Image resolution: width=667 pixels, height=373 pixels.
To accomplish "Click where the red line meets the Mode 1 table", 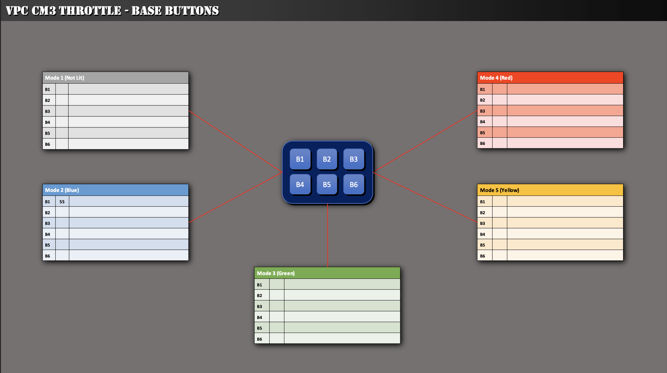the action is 189,111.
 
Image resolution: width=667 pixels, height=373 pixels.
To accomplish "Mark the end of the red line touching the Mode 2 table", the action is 189,223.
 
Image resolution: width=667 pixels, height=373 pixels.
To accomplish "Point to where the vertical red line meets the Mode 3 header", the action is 327,267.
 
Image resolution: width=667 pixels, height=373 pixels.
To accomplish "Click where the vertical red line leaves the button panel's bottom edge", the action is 327,204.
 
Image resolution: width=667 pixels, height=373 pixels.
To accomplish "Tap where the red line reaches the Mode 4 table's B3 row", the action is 477,111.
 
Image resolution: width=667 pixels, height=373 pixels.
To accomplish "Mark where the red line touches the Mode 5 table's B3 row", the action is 477,222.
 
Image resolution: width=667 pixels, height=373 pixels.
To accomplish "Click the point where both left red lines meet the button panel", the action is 282,172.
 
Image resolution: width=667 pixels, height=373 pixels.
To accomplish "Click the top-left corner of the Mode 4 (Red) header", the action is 477,72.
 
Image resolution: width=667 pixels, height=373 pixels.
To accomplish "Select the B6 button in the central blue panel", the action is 354,184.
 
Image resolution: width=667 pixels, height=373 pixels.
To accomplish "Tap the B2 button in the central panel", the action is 327,159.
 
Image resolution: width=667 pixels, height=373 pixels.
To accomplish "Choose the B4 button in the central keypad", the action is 300,184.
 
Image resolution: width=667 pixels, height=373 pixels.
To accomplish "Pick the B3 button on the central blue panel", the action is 354,159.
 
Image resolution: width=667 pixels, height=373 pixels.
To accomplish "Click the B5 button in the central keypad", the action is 327,184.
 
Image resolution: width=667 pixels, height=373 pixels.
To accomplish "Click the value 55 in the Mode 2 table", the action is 62,202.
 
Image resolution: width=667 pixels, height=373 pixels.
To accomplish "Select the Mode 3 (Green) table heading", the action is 276,273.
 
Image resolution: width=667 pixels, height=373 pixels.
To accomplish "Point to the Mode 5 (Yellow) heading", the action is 500,190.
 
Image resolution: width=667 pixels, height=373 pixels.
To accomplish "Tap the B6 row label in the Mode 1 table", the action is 47,144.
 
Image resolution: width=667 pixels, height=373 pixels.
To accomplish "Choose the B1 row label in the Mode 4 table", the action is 482,89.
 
